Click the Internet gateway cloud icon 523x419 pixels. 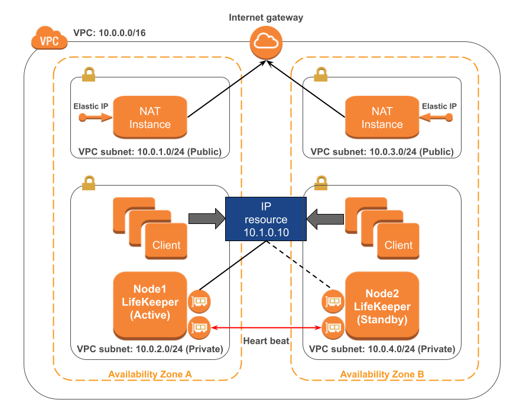(265, 42)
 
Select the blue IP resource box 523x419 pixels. (267, 219)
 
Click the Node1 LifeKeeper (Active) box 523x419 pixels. (150, 303)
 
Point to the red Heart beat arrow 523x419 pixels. (266, 327)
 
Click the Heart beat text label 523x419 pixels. (266, 340)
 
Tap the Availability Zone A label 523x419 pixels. (150, 374)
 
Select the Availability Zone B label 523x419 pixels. (382, 374)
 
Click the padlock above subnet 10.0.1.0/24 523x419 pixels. (89, 74)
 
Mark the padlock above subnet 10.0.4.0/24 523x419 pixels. (321, 181)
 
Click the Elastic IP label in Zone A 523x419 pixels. (91, 106)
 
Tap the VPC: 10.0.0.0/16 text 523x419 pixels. (109, 33)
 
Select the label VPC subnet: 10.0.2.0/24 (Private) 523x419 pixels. (150, 349)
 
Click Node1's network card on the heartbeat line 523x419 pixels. (199, 326)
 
